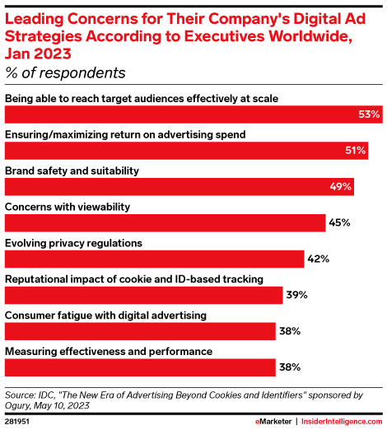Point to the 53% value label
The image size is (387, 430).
tap(369, 115)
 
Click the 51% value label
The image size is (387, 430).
tap(355, 151)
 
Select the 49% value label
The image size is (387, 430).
tap(341, 187)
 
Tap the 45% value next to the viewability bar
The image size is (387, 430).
tap(340, 222)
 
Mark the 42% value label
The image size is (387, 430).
tap(319, 259)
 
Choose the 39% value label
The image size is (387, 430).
tap(297, 295)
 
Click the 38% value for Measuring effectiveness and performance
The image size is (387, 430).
tap(289, 367)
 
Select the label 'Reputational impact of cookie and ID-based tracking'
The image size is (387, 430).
tap(134, 278)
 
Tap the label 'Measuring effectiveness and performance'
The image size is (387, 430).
tap(110, 351)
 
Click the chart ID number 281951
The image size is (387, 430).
tap(18, 421)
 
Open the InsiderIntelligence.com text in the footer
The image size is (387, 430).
tap(340, 421)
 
